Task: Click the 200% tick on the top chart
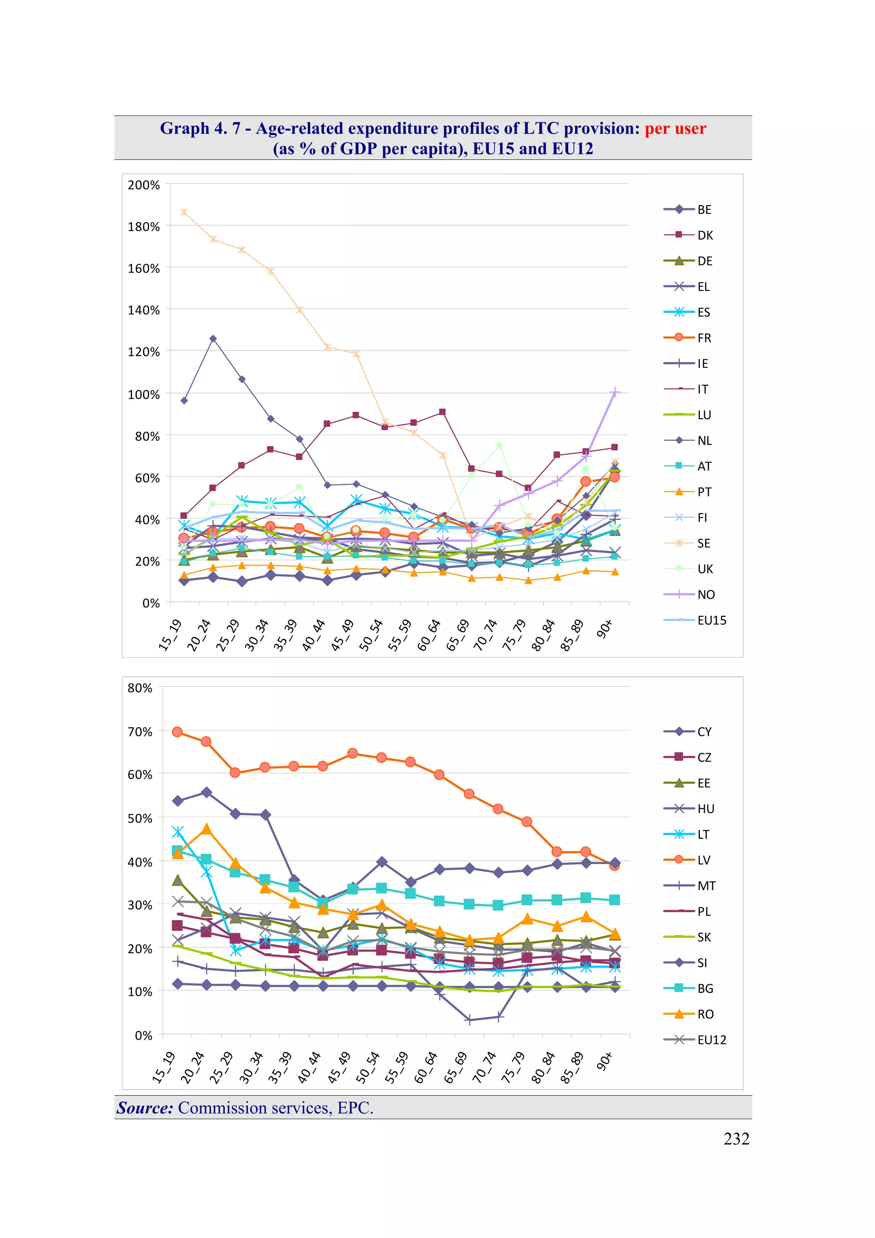tap(144, 185)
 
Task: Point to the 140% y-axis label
tap(144, 310)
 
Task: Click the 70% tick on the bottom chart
tap(140, 732)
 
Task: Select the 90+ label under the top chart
tap(605, 629)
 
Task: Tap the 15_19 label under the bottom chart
tap(163, 1067)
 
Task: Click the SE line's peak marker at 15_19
tap(184, 212)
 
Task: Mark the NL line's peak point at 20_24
tap(213, 338)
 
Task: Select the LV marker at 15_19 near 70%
tap(177, 732)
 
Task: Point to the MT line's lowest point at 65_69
tap(469, 1020)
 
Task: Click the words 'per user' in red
tap(675, 128)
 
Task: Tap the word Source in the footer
tap(144, 1108)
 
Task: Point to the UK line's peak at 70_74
tap(499, 445)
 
